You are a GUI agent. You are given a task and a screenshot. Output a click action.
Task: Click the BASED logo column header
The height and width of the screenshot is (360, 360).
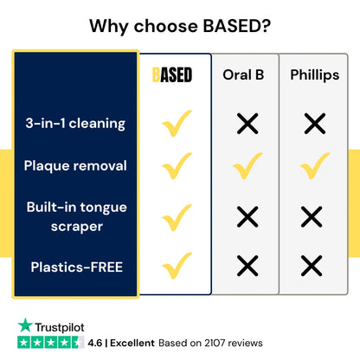172,75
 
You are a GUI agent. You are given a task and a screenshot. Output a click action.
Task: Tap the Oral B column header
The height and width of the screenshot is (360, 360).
243,74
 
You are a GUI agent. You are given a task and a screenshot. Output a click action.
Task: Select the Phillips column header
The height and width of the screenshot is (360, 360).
315,75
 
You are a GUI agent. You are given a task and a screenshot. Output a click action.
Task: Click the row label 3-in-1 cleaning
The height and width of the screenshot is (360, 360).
75,124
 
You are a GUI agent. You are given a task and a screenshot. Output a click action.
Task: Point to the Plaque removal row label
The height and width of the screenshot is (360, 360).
75,166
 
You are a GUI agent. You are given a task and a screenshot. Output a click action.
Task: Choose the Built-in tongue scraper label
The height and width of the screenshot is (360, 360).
77,216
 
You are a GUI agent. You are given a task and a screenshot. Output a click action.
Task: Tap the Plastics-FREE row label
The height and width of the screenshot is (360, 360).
77,267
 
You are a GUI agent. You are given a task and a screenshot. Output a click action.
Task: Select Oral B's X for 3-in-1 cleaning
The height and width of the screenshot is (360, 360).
247,124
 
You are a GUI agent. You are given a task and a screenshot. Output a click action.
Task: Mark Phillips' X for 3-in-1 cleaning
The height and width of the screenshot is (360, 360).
315,124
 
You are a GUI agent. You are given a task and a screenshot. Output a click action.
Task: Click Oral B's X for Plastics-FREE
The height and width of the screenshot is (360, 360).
247,266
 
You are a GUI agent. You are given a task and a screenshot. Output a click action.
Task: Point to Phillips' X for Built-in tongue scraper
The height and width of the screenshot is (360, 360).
312,216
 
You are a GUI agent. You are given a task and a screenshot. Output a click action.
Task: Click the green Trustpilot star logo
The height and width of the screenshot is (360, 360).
25,325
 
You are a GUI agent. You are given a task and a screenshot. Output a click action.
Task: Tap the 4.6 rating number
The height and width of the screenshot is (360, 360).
95,343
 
